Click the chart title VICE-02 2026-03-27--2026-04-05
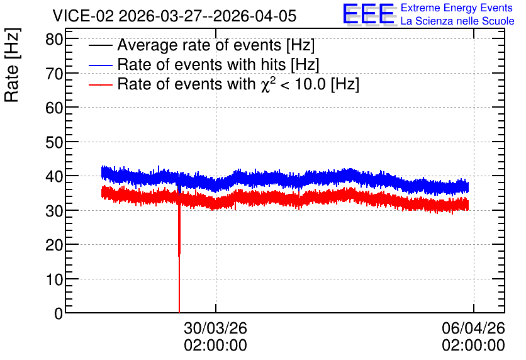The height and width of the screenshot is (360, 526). pyautogui.click(x=174, y=16)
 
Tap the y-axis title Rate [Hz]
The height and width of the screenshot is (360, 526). pyautogui.click(x=12, y=65)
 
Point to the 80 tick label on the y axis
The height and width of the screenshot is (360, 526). pyautogui.click(x=54, y=39)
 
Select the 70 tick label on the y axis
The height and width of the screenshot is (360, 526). pyautogui.click(x=54, y=74)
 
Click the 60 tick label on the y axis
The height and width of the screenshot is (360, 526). pyautogui.click(x=54, y=108)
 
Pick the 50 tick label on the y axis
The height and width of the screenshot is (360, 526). pyautogui.click(x=54, y=142)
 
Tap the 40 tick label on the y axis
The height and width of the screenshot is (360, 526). pyautogui.click(x=54, y=176)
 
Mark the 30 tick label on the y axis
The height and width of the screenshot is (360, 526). pyautogui.click(x=54, y=211)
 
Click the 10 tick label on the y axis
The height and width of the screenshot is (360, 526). pyautogui.click(x=54, y=279)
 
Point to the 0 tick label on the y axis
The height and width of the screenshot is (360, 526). pyautogui.click(x=59, y=313)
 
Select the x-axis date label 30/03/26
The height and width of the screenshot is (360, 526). pyautogui.click(x=215, y=328)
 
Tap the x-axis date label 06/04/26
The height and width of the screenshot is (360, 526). pyautogui.click(x=473, y=328)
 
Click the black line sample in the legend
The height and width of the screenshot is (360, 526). pyautogui.click(x=100, y=45)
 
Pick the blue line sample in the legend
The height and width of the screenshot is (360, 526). pyautogui.click(x=100, y=65)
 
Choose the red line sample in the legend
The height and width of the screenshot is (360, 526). pyautogui.click(x=100, y=84)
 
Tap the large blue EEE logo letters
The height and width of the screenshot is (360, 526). pyautogui.click(x=369, y=14)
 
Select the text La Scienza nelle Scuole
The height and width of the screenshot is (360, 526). pyautogui.click(x=457, y=21)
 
